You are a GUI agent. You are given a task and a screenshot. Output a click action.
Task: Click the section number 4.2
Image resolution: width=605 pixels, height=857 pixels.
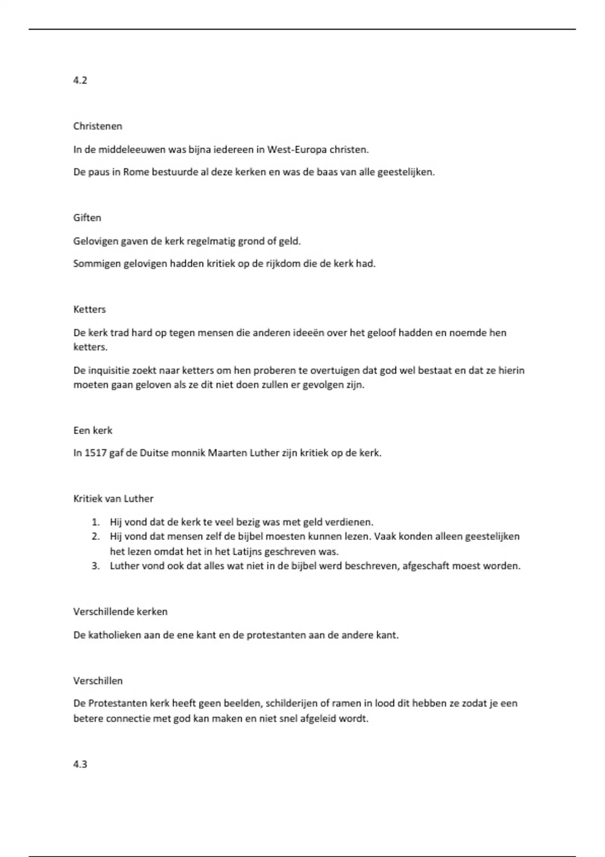(x=80, y=80)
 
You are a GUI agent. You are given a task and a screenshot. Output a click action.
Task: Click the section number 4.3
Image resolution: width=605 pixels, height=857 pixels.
(x=80, y=764)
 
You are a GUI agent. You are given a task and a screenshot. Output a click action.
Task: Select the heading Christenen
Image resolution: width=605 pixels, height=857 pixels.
(x=98, y=126)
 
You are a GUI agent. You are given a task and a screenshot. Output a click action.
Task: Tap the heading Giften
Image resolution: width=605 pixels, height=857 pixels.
(x=87, y=218)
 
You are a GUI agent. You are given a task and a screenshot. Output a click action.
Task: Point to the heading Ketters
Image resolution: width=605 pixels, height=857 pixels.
(x=90, y=309)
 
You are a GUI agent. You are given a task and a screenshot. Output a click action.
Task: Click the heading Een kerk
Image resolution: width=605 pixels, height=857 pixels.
(x=93, y=430)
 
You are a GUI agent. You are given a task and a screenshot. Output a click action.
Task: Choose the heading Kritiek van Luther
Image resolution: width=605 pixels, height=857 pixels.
(x=113, y=499)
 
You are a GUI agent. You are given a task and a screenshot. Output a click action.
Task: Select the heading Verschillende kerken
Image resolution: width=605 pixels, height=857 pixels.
(x=120, y=611)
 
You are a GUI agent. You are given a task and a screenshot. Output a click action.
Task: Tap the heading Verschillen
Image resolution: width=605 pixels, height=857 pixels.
(x=98, y=681)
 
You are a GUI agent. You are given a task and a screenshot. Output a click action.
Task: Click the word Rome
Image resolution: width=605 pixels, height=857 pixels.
(x=136, y=172)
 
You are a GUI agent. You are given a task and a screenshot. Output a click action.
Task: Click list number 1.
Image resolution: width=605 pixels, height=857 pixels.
(x=95, y=522)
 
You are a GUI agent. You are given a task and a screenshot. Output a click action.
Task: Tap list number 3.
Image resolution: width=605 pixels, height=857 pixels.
(x=95, y=566)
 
